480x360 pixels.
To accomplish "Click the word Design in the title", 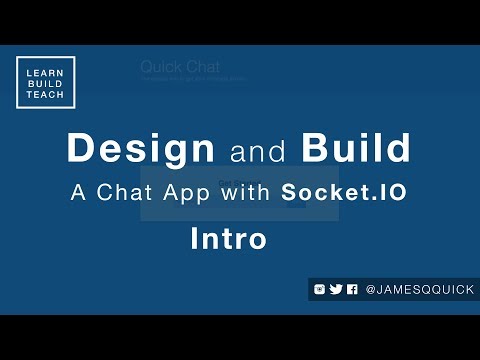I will [x=141, y=149].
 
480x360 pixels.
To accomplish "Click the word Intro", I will [x=228, y=239].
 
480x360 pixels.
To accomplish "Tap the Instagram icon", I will [x=319, y=289].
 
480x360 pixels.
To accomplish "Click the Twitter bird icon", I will [x=336, y=289].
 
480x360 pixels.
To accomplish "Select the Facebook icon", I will [x=352, y=289].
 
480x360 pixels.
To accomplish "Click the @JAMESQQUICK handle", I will [x=415, y=289].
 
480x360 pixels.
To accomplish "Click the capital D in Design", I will [x=79, y=149].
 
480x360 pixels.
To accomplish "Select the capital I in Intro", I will [x=195, y=239].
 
